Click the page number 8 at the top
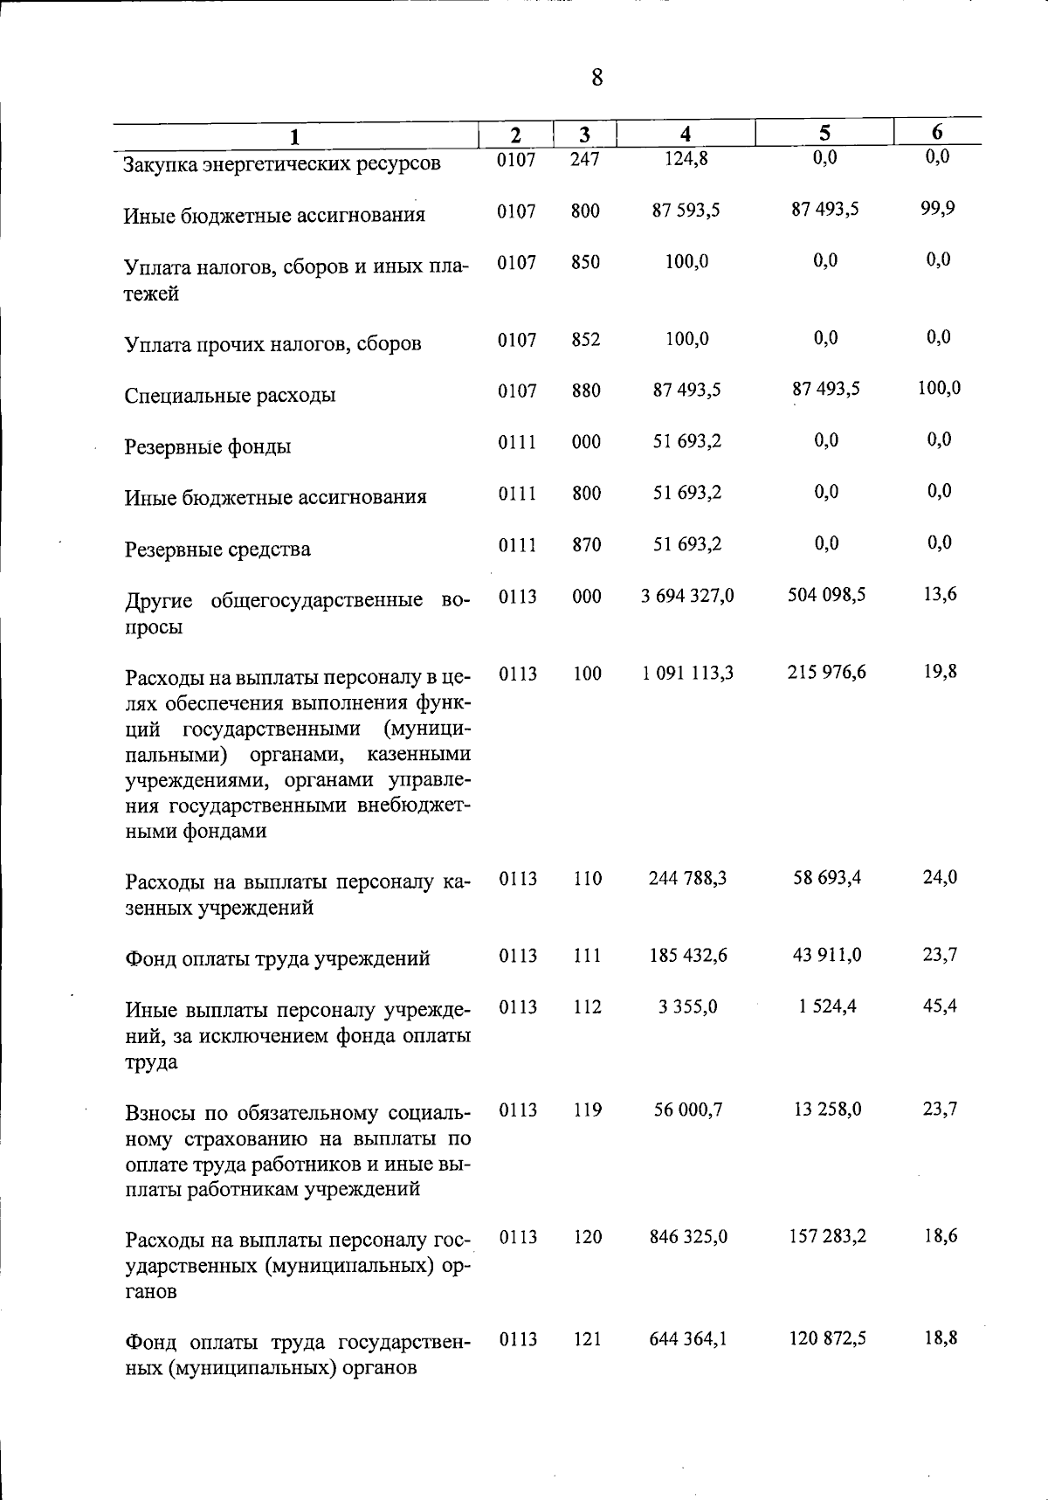point(596,79)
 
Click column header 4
point(686,134)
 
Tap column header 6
point(937,132)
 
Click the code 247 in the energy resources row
point(585,160)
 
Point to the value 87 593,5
point(686,211)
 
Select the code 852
point(585,340)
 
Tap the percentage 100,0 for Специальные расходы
point(939,388)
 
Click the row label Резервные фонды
point(208,447)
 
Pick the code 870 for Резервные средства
point(586,545)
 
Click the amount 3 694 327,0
point(687,596)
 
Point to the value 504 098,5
point(826,595)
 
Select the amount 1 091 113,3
point(687,673)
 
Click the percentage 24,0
point(940,877)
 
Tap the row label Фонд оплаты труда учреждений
point(278,959)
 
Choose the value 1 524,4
point(827,1006)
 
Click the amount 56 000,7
point(688,1109)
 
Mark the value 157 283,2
point(827,1236)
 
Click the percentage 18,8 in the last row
point(940,1338)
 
